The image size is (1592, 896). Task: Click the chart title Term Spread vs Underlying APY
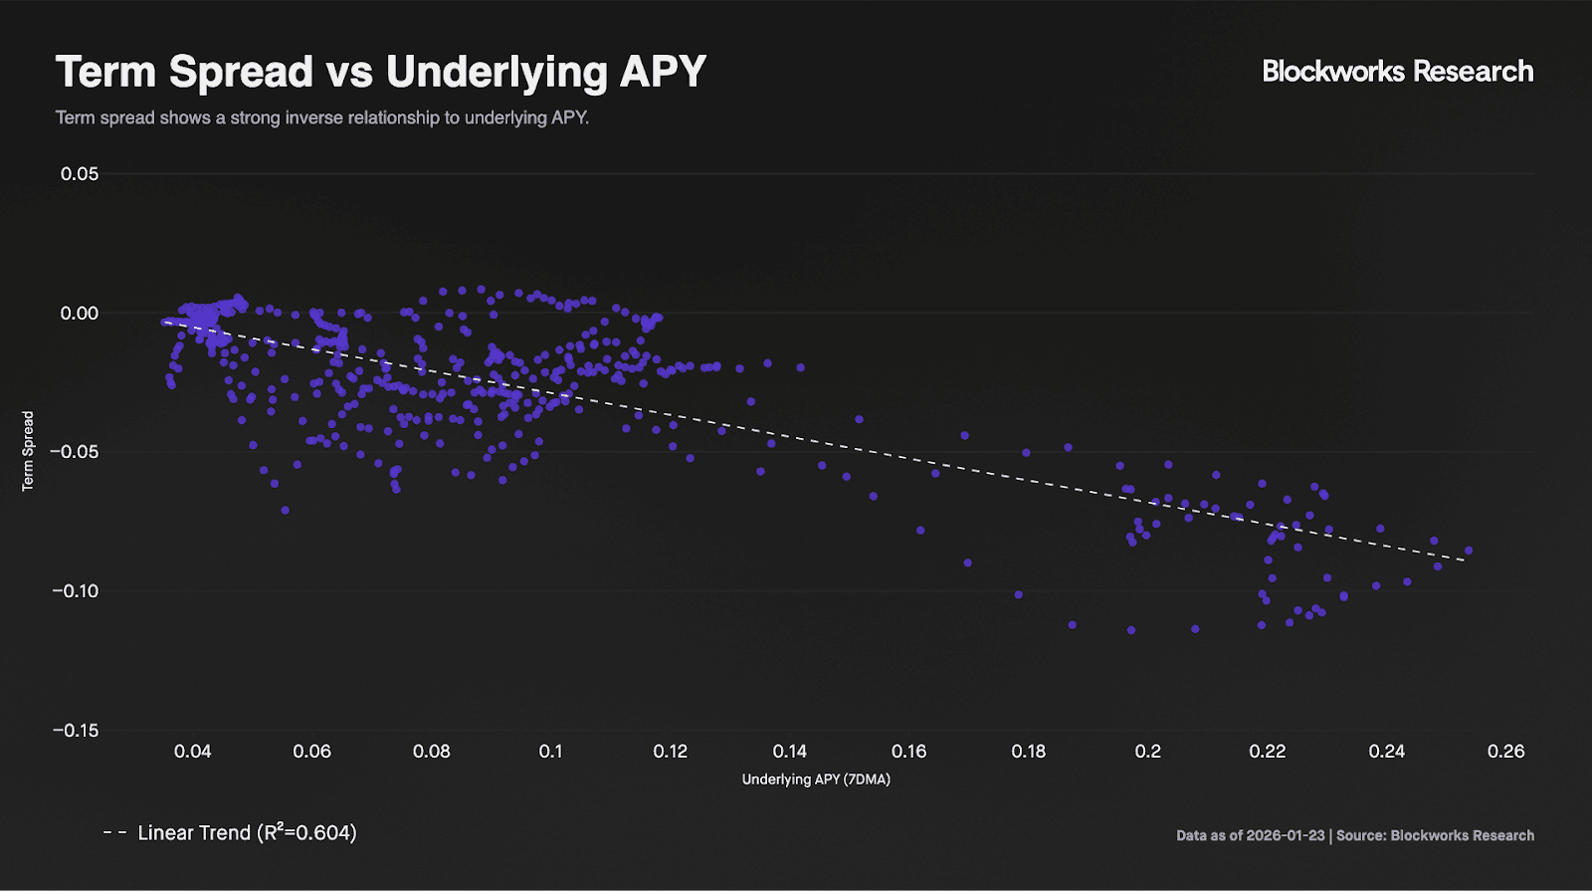click(380, 72)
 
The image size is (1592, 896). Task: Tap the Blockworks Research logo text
click(1397, 72)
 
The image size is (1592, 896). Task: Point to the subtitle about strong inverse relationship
click(322, 117)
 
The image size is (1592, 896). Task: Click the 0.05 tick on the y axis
click(80, 174)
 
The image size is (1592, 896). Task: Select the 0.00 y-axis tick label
click(80, 314)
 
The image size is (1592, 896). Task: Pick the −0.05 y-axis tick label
click(76, 452)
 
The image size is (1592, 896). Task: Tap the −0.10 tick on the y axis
click(76, 591)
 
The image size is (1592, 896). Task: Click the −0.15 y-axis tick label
click(76, 731)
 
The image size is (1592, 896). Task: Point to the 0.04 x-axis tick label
click(192, 752)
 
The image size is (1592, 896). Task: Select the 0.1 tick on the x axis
click(551, 752)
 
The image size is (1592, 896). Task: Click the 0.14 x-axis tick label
click(790, 752)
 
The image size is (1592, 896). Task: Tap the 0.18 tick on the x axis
click(1029, 752)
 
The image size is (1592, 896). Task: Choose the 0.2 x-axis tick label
click(1148, 752)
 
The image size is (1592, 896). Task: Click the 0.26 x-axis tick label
click(1505, 752)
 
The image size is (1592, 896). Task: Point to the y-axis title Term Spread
click(28, 451)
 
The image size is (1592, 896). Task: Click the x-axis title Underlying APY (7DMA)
click(816, 780)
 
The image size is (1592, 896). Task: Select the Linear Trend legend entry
click(230, 832)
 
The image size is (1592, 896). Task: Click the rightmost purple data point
click(1469, 551)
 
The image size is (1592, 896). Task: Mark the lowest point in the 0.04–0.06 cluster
click(285, 510)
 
